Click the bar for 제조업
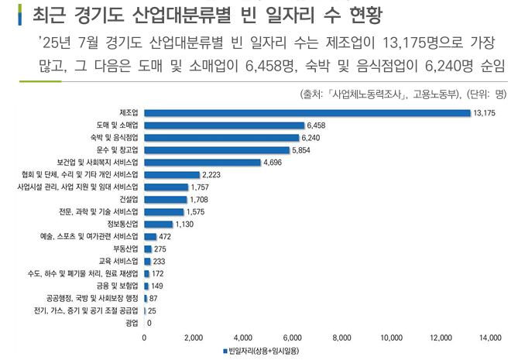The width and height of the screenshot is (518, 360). tap(307, 113)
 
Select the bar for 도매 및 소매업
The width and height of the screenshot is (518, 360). tap(225, 125)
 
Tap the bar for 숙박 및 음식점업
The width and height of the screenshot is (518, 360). tap(222, 137)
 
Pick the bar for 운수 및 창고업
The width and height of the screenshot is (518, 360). tap(218, 149)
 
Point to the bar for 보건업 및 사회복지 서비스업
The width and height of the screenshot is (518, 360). tap(203, 163)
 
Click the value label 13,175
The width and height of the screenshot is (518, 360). tap(484, 113)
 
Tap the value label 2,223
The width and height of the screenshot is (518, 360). tap(211, 175)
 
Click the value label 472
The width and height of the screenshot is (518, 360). tap(165, 236)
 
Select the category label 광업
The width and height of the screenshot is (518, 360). tap(132, 322)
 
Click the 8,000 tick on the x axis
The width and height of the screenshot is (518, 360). tap(342, 338)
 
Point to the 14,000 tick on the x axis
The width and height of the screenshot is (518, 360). tap(490, 338)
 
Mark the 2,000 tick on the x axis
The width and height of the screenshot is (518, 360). tap(194, 338)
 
